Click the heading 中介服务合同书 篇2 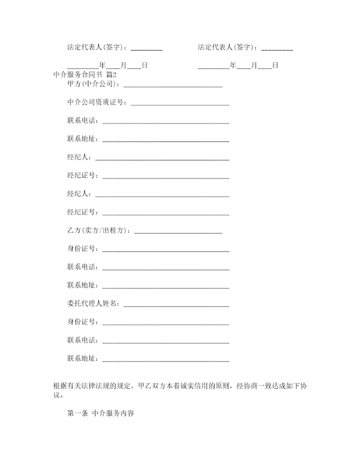84,74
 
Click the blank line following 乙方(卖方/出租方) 178,232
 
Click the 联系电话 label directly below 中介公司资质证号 83,121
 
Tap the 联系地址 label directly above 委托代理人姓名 83,285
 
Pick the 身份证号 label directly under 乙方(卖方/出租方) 83,248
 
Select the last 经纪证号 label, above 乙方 83,212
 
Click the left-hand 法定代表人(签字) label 98,47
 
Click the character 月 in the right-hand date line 254,65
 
